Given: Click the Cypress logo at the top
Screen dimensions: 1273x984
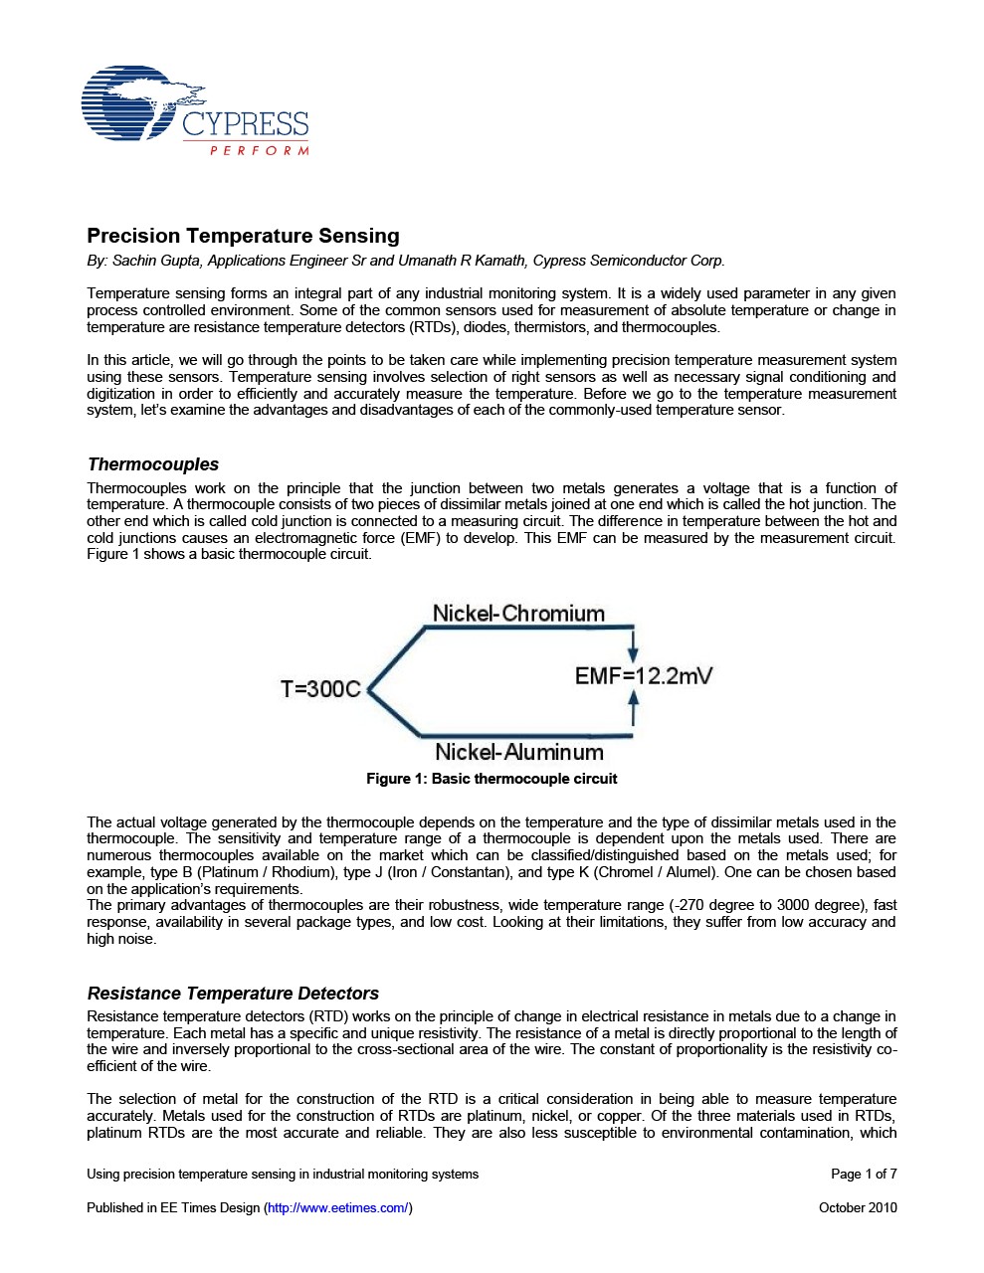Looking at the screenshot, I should [x=195, y=110].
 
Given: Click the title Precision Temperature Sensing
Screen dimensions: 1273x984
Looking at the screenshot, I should [x=243, y=236].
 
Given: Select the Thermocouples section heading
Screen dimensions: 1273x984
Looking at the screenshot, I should [x=153, y=464].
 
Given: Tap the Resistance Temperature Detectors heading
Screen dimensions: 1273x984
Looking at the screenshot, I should [x=233, y=994].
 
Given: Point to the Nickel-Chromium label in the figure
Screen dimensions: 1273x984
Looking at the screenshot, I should [x=518, y=614].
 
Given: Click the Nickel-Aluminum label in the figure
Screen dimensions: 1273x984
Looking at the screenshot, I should [x=519, y=752].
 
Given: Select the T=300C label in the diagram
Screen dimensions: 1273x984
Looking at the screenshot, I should [x=320, y=689].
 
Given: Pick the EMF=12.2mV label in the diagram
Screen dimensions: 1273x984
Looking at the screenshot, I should [x=643, y=676].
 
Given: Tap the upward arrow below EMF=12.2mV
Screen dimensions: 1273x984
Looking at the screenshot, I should [x=633, y=709].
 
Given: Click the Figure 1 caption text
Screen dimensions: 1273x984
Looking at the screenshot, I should [x=492, y=779].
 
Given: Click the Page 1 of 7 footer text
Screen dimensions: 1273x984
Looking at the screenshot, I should [x=864, y=1174].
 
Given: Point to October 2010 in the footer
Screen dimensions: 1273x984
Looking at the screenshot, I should [x=858, y=1207].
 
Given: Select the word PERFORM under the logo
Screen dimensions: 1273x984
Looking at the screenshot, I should [x=260, y=151].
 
